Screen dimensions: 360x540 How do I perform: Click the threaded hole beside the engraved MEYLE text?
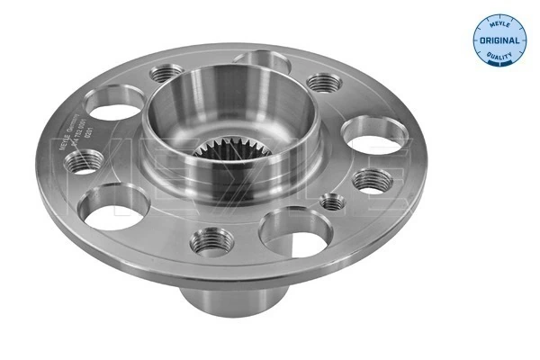coord(85,162)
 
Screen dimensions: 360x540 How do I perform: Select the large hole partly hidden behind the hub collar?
coord(260,61)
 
